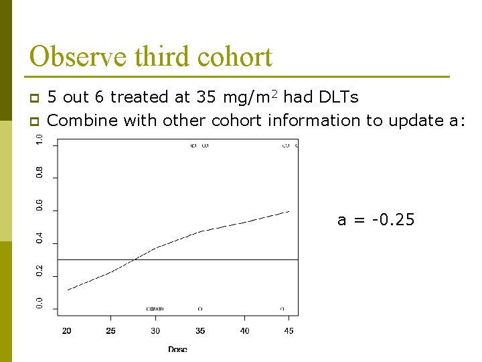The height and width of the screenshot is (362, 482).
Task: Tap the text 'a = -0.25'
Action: click(x=376, y=220)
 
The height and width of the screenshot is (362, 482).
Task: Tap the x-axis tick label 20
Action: click(x=67, y=330)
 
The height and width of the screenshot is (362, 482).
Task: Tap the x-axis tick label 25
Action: click(x=111, y=330)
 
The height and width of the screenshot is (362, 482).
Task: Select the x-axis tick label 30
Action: click(x=155, y=330)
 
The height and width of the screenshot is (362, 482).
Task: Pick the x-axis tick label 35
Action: click(x=199, y=330)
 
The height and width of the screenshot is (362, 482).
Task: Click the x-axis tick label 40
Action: click(x=244, y=330)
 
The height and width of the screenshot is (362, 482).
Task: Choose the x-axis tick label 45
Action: click(x=289, y=330)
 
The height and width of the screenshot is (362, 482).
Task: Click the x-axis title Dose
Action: click(x=177, y=349)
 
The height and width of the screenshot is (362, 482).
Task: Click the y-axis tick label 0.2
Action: click(x=39, y=270)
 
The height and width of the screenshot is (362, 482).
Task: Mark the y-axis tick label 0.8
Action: click(x=39, y=172)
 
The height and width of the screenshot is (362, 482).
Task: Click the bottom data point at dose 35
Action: click(x=200, y=309)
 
